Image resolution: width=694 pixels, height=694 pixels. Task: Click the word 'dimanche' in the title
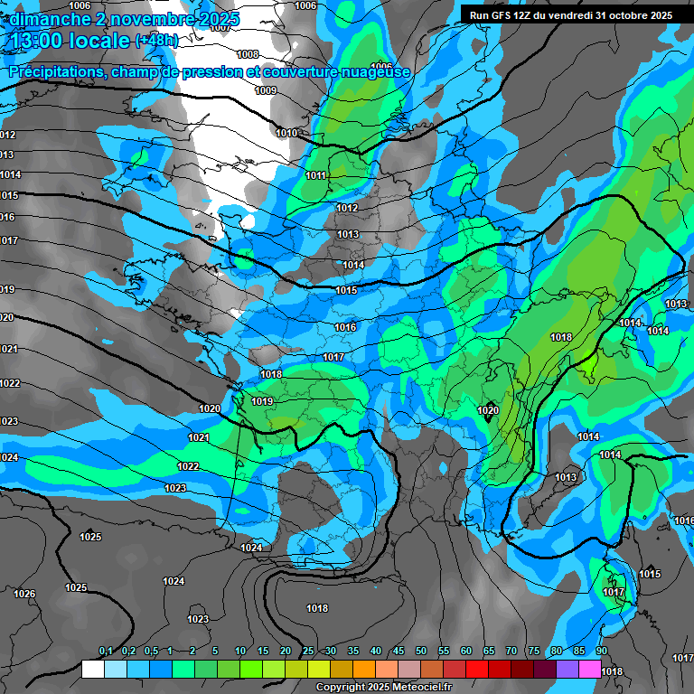click(x=45, y=19)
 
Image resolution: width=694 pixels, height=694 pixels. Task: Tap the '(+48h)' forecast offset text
click(x=156, y=41)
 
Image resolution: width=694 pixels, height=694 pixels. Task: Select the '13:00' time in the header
click(x=38, y=41)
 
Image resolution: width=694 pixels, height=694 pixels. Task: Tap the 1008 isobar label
click(x=248, y=54)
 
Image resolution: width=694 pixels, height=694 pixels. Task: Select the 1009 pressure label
click(x=266, y=90)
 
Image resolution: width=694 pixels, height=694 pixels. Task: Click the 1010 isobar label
click(x=286, y=133)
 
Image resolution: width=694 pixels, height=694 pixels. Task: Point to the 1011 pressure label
click(x=316, y=175)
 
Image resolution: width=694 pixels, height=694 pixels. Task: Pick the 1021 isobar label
click(x=199, y=437)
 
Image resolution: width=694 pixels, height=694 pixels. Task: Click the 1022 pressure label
click(x=188, y=466)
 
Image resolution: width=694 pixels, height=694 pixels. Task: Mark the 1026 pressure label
click(x=24, y=594)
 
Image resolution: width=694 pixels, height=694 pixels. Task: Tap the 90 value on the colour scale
click(x=601, y=652)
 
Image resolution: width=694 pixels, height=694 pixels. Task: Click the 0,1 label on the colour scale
click(x=106, y=652)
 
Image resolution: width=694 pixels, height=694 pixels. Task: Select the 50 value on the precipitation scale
click(x=421, y=652)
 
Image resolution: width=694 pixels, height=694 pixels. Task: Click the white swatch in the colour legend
click(x=93, y=670)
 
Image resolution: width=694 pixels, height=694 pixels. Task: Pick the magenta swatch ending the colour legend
click(x=590, y=670)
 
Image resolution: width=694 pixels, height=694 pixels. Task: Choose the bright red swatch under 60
click(x=477, y=670)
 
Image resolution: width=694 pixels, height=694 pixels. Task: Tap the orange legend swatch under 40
click(x=364, y=670)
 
